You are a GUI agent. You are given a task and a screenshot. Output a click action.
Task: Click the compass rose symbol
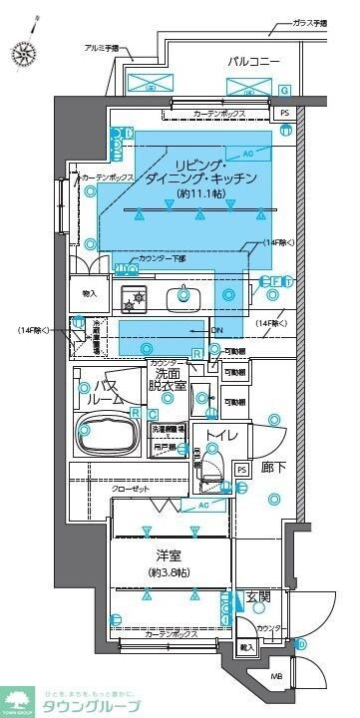21,49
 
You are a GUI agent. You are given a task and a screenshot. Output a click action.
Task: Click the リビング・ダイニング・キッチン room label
215,169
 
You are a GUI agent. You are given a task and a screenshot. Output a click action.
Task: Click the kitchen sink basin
183,294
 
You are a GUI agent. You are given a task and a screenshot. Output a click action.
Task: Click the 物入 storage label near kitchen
89,294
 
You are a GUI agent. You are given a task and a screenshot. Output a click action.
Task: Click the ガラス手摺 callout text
309,23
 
